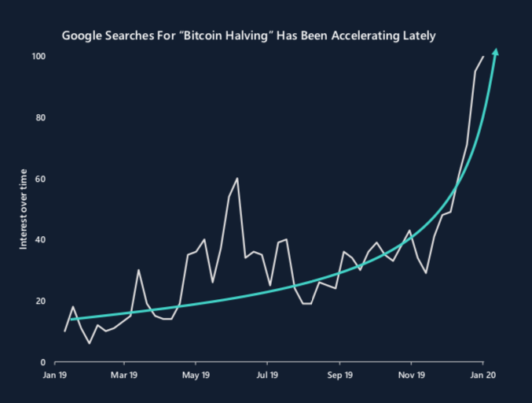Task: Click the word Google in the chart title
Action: coord(83,36)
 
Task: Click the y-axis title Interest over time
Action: coord(24,209)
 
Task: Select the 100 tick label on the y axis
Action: coord(39,57)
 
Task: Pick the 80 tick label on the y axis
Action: coord(40,118)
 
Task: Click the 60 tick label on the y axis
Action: coord(40,179)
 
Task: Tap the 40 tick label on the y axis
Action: coord(40,240)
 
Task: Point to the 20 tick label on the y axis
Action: coord(40,301)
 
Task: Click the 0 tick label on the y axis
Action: coord(42,362)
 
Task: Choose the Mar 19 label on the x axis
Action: coord(124,376)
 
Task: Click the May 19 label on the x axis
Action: coord(196,376)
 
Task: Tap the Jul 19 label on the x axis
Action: coord(267,376)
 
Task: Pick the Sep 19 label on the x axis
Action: coord(339,376)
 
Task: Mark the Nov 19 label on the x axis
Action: coord(411,376)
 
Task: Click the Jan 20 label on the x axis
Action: coord(482,376)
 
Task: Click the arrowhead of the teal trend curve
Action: coord(495,53)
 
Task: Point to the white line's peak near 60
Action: coord(237,179)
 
